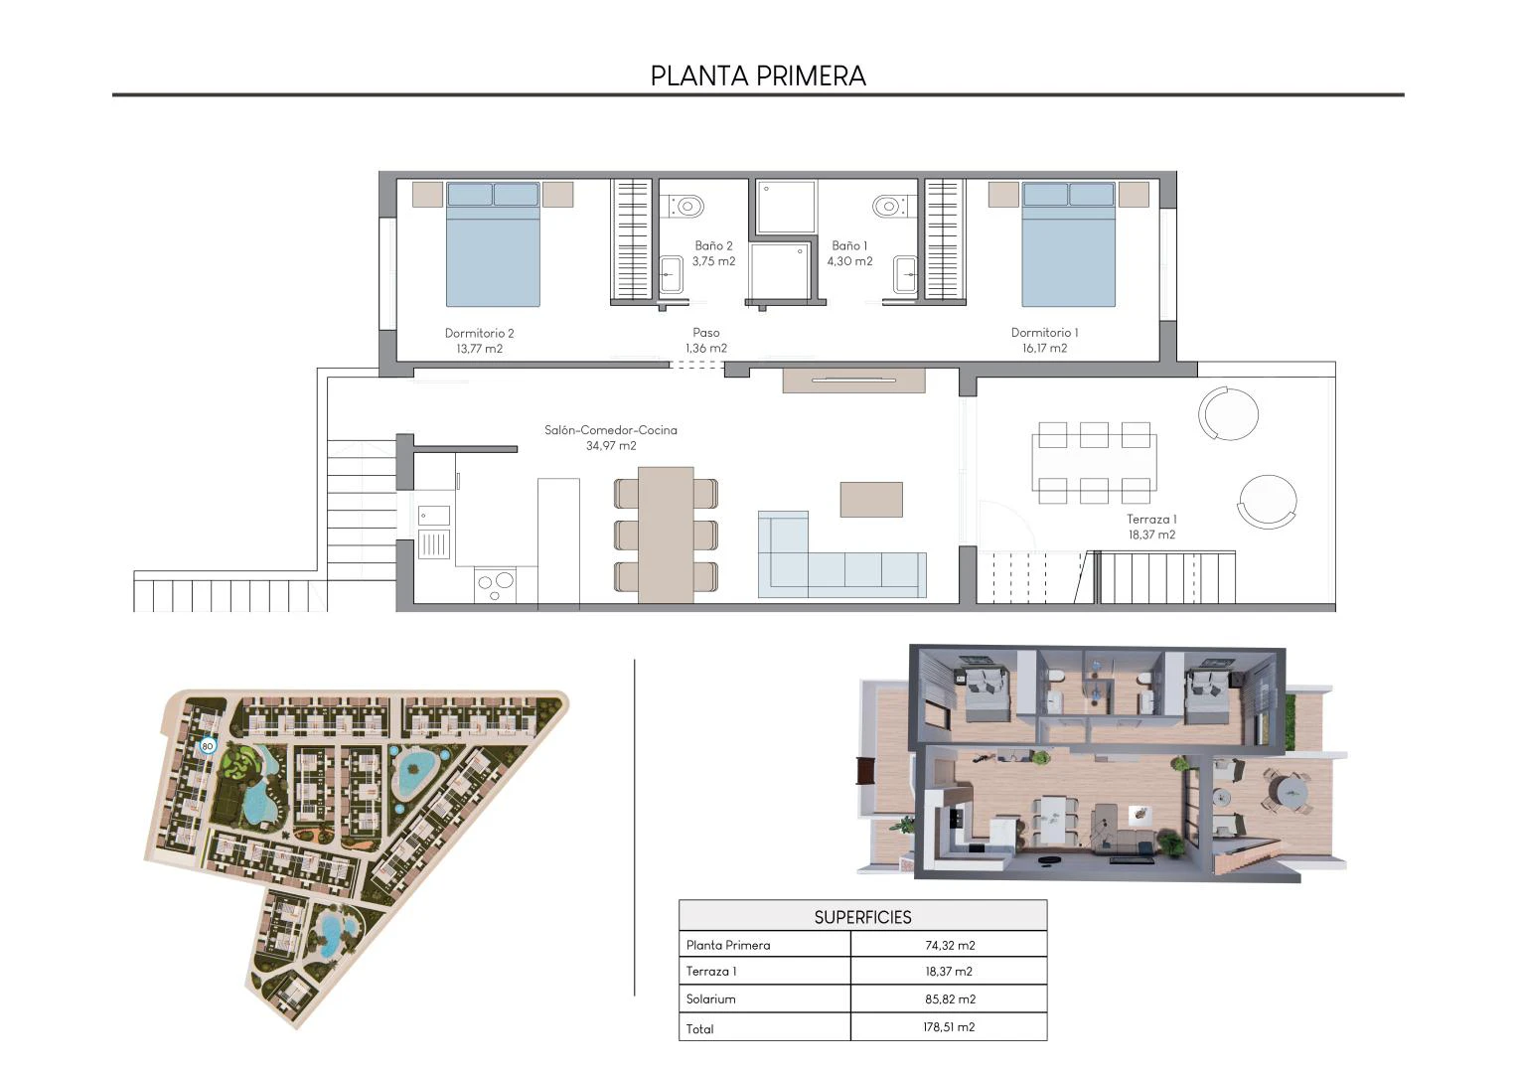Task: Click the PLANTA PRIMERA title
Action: (758, 76)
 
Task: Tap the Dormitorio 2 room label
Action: (479, 340)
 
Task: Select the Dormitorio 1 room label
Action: (1044, 340)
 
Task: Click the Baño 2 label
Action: (713, 252)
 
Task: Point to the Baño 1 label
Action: (849, 252)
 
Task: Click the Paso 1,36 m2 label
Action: (706, 340)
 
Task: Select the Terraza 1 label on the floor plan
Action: (1151, 526)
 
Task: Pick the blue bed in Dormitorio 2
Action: (493, 244)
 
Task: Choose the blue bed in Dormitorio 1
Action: (1068, 244)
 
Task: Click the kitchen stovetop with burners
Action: (496, 585)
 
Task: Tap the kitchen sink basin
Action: (434, 516)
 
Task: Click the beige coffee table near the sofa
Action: (871, 500)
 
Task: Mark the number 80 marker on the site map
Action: (208, 746)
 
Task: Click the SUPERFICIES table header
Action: (862, 916)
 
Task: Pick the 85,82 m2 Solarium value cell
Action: (950, 999)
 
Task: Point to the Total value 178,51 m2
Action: (949, 1027)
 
